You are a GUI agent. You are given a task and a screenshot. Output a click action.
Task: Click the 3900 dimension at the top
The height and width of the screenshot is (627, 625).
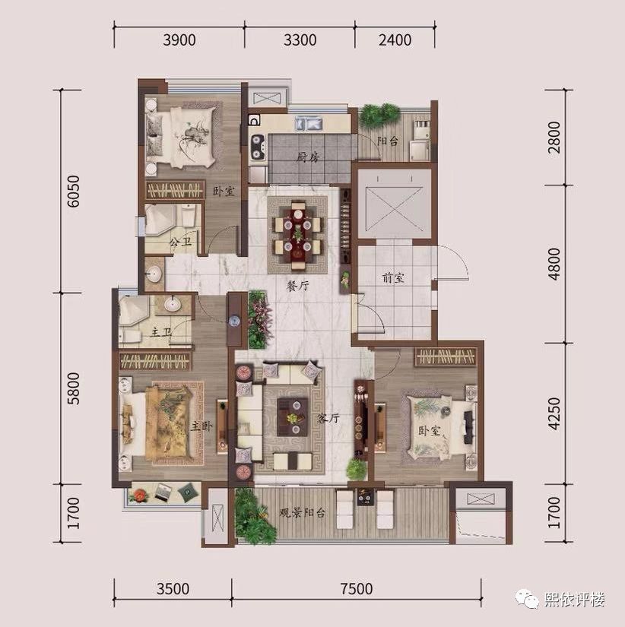coord(179,40)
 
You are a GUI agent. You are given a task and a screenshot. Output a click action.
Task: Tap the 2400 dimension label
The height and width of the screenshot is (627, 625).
coord(395,40)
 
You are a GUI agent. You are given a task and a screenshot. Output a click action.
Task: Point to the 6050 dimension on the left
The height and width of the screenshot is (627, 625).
coord(73,191)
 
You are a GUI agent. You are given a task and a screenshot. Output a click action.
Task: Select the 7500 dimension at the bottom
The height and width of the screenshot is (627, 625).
coord(357,588)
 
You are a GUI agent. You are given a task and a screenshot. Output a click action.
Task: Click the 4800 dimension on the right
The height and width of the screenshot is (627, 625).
coord(554,264)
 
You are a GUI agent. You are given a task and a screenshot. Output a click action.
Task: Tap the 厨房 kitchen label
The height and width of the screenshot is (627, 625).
coord(308,157)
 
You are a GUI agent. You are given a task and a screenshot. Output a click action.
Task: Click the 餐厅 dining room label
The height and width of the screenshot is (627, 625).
coord(298,286)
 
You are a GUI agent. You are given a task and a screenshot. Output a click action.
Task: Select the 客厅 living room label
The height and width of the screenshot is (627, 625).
coord(328,418)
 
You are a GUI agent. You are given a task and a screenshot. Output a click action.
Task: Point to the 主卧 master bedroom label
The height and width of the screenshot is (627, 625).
coord(201,426)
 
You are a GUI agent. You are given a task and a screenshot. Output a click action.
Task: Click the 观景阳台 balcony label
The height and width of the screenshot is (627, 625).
coord(302,513)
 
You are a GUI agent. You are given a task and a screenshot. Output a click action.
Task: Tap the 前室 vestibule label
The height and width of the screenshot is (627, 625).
coord(393,277)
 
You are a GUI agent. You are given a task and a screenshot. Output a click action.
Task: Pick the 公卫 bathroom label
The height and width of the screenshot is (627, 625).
coord(180,242)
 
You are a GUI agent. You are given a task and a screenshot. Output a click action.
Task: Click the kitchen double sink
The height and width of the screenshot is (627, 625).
coord(309,123)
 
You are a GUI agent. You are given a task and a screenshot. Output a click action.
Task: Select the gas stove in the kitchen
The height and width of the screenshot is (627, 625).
coord(258,147)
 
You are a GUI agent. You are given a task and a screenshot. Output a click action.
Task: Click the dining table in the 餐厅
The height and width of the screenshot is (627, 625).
coord(297,235)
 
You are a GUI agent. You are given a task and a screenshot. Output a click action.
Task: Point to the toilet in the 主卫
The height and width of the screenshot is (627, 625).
coord(131,335)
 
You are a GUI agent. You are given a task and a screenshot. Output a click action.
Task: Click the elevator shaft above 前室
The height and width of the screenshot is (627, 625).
coord(395,204)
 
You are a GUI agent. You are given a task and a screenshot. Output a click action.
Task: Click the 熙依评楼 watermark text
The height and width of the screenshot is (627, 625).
coord(575,599)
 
